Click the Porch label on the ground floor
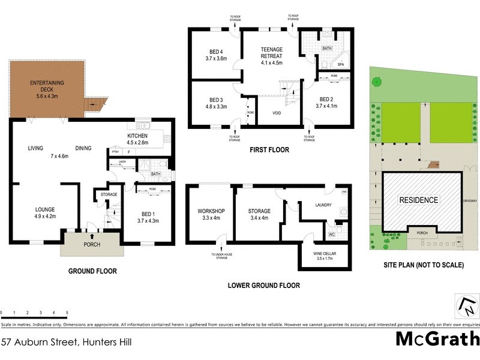(92, 245)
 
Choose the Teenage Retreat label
(271, 56)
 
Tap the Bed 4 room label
(217, 55)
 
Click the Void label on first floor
(277, 112)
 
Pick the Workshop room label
(210, 214)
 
